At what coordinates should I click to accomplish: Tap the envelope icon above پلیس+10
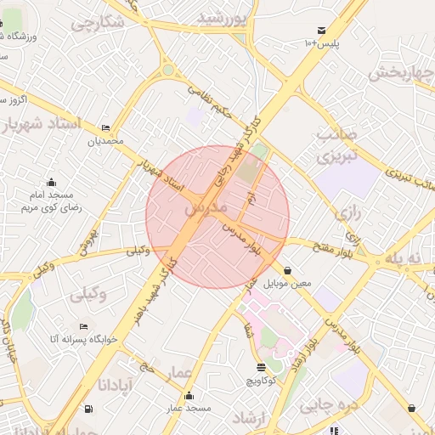pyautogui.click(x=321, y=30)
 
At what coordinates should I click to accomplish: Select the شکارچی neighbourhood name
pyautogui.click(x=98, y=23)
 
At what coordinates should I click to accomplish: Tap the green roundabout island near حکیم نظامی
pyautogui.click(x=168, y=71)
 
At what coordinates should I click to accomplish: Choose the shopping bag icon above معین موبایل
pyautogui.click(x=288, y=270)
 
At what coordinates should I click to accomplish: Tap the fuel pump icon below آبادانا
pyautogui.click(x=91, y=408)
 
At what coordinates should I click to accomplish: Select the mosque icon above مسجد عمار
pyautogui.click(x=188, y=396)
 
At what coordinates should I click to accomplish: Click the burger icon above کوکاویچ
pyautogui.click(x=260, y=367)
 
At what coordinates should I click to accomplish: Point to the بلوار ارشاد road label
pyautogui.click(x=303, y=357)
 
